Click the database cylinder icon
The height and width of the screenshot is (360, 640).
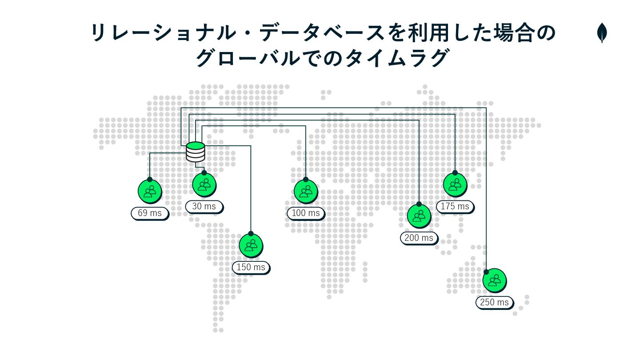pyautogui.click(x=195, y=152)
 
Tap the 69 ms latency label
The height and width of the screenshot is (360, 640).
pyautogui.click(x=150, y=213)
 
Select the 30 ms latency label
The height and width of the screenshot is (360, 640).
pyautogui.click(x=204, y=206)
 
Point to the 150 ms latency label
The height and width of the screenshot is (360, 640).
pyautogui.click(x=251, y=267)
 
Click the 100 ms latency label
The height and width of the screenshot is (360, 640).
pyautogui.click(x=305, y=213)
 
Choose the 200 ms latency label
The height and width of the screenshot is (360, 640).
pyautogui.click(x=419, y=238)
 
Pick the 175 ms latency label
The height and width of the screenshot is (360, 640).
pyautogui.click(x=455, y=206)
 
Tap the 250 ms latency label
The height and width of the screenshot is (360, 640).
pyautogui.click(x=494, y=302)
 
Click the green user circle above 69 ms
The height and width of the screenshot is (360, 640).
pyautogui.click(x=150, y=191)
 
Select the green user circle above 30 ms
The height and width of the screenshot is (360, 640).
pyautogui.click(x=204, y=184)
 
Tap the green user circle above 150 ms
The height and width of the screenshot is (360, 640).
pyautogui.click(x=251, y=245)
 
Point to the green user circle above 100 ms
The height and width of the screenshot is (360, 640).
pyautogui.click(x=305, y=191)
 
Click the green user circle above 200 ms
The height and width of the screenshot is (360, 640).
pyautogui.click(x=419, y=216)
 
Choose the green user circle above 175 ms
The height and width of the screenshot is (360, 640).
pyautogui.click(x=455, y=184)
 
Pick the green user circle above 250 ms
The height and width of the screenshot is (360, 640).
pyautogui.click(x=494, y=280)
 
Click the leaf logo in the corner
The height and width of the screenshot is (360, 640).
pyautogui.click(x=602, y=33)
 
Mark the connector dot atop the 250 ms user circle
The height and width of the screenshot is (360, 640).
pyautogui.click(x=486, y=272)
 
